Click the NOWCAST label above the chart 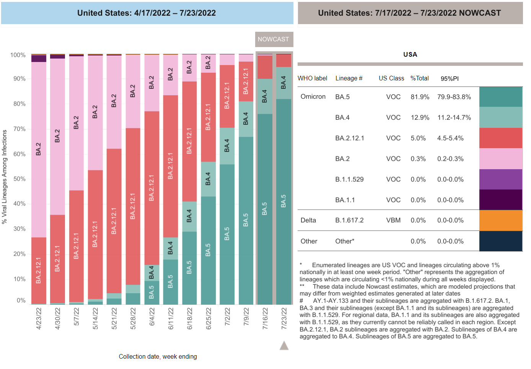[274, 39]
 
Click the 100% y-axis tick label [18, 55]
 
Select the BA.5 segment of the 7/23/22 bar [283, 201]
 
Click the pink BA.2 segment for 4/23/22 [39, 149]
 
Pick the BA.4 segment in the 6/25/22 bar [208, 179]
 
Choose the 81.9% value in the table [420, 97]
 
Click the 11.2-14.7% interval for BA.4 [454, 118]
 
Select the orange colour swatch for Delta [500, 220]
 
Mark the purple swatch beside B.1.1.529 [500, 179]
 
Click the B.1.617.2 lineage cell [349, 220]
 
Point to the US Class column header [391, 78]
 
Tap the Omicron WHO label [313, 97]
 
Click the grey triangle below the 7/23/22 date [284, 346]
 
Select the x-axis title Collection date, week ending [158, 357]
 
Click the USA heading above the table [410, 54]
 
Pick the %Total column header [420, 78]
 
